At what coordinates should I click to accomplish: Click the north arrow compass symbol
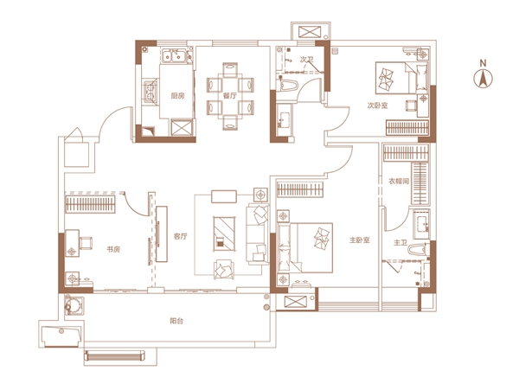click(483, 79)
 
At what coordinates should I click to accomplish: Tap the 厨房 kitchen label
click(177, 96)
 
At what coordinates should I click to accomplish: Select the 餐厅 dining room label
click(230, 96)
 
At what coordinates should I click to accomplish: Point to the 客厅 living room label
click(181, 236)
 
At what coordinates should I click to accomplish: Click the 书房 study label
click(113, 249)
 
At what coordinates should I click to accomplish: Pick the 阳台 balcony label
click(176, 321)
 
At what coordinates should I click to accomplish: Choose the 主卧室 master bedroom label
click(360, 240)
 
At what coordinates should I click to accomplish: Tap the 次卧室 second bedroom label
click(377, 105)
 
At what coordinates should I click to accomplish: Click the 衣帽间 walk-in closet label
click(399, 181)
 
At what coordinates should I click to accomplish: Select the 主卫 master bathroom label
click(400, 243)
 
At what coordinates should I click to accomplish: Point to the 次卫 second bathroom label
click(306, 60)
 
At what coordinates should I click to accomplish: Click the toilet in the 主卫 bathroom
click(418, 249)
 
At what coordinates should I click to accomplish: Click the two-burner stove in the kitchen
click(151, 92)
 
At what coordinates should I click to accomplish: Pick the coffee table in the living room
click(224, 233)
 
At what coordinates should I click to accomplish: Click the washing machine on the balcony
click(73, 305)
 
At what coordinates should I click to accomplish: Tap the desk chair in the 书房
click(86, 243)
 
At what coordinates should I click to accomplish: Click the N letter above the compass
click(484, 63)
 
